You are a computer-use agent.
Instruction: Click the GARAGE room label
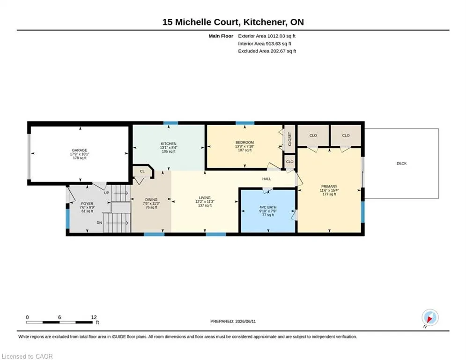tap(80, 150)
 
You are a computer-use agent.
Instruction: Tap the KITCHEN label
tap(169, 144)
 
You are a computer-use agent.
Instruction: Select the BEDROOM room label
tap(244, 142)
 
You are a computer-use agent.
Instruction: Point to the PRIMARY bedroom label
tap(329, 187)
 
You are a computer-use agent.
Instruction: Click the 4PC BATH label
tap(268, 207)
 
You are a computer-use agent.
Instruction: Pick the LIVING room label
tap(205, 197)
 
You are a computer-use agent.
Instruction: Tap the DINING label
tap(151, 200)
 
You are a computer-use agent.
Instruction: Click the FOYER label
tap(87, 204)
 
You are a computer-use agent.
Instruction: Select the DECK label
tap(401, 163)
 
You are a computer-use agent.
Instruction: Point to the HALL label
tap(266, 179)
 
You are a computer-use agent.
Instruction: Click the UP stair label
tap(106, 193)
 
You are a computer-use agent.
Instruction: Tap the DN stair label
tap(99, 223)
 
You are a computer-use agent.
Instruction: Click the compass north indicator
tap(430, 318)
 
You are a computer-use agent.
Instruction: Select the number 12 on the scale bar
tap(94, 317)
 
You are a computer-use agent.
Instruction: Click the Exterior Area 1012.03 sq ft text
tap(266, 36)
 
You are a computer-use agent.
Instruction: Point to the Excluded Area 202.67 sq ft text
tap(267, 51)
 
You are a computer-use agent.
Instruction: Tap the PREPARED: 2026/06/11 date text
tap(233, 321)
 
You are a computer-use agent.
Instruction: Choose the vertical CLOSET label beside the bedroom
tap(290, 139)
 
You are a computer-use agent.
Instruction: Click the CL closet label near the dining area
tap(142, 172)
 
